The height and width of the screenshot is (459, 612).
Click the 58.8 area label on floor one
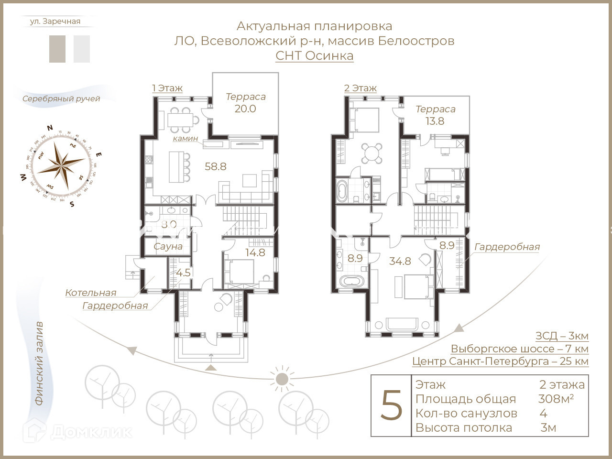tap(215, 166)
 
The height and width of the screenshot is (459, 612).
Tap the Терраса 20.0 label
tap(245, 103)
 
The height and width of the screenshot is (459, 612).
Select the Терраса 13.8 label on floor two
tap(435, 115)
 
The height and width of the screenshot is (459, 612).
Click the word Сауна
tap(168, 246)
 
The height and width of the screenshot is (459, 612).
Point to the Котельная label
tap(91, 293)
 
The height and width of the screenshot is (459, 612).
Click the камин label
tap(185, 138)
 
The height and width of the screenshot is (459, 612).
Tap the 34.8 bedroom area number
tap(400, 261)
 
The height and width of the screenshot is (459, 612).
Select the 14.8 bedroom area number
tap(255, 252)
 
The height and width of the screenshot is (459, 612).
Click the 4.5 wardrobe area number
tap(183, 273)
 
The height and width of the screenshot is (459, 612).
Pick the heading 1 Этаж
tap(167, 88)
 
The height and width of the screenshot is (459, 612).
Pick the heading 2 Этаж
tap(360, 88)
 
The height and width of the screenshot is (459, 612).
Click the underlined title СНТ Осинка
tap(314, 55)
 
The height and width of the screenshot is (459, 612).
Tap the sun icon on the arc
tap(282, 379)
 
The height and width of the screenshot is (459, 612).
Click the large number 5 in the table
tap(391, 405)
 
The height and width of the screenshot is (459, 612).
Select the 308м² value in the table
tap(556, 399)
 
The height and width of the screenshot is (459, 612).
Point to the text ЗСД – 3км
tap(562, 336)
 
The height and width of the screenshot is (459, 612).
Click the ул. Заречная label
tap(55, 22)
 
